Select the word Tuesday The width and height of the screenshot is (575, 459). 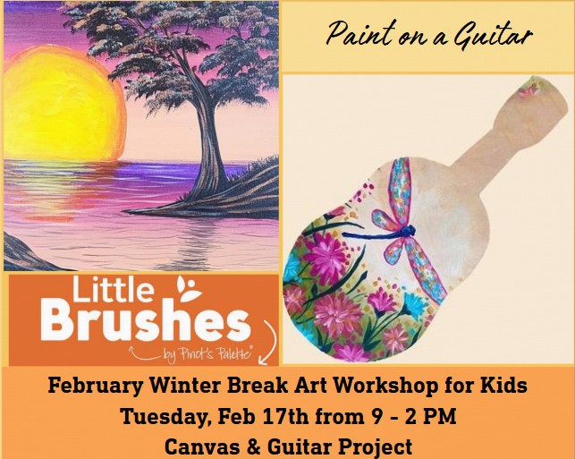pyautogui.click(x=162, y=416)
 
